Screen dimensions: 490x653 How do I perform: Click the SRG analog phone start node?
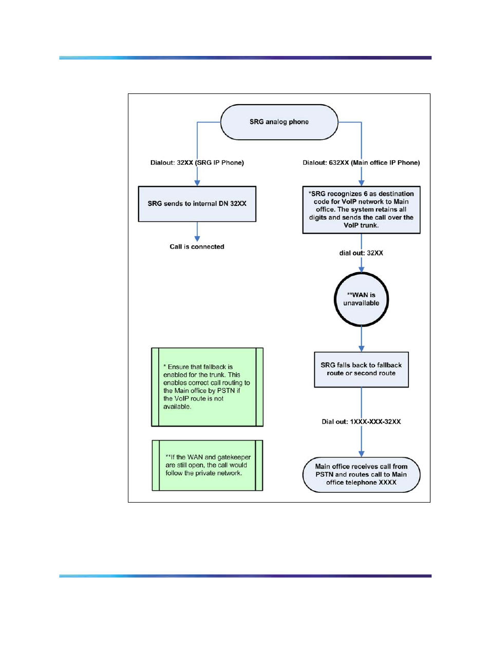coord(279,122)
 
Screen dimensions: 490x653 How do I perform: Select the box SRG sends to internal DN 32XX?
coord(197,204)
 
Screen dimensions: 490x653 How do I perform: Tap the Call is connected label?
coord(197,246)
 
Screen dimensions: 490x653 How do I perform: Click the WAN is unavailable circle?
coord(361,299)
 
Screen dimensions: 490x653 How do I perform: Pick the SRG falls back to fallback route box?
coord(361,370)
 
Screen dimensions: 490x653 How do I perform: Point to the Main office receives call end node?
coord(361,474)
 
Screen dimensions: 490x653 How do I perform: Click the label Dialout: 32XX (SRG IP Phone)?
coord(197,163)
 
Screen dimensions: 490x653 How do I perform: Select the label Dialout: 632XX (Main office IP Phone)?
coord(361,163)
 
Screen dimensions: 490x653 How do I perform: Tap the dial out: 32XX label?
coord(361,253)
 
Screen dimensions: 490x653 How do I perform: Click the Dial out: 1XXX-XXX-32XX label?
coord(361,421)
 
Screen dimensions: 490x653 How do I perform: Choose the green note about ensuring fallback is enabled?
coord(207,387)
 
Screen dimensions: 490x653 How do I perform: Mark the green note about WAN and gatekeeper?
coord(207,465)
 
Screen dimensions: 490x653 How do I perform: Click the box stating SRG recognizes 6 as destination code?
coord(361,210)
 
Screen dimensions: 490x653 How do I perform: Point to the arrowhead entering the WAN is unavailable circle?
coord(361,270)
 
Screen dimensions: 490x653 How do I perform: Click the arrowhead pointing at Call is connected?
coord(197,239)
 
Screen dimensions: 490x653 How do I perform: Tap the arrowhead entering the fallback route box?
coord(361,349)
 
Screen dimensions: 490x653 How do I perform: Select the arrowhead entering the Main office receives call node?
coord(361,454)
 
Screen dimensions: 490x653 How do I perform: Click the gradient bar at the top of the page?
coord(245,57)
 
